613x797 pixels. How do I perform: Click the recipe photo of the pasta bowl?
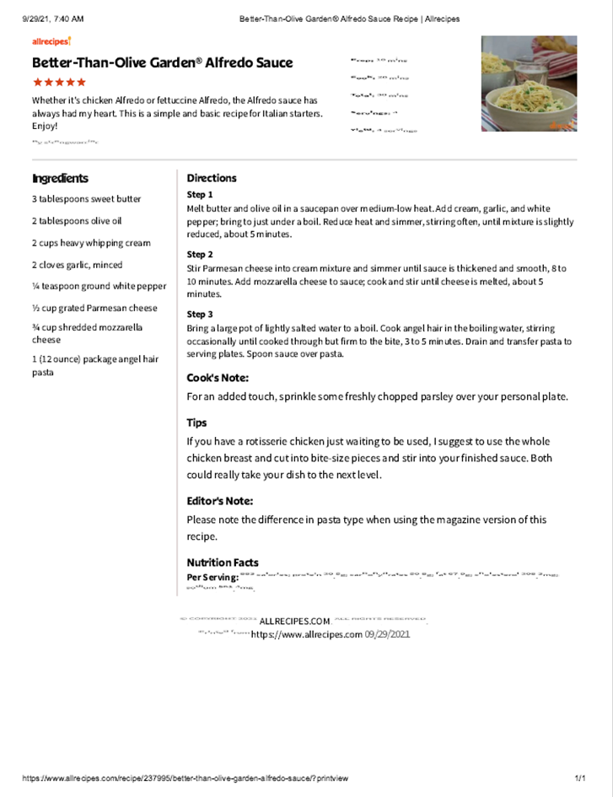pos(529,83)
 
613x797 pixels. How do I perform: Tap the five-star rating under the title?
pos(59,83)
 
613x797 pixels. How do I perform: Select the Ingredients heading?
pos(60,178)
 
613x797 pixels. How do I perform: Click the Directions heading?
pos(212,178)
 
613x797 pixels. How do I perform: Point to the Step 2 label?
pos(200,254)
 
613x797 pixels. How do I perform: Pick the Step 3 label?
pos(200,314)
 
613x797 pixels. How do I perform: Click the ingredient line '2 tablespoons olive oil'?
pos(77,221)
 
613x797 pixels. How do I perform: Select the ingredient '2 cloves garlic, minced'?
pos(77,265)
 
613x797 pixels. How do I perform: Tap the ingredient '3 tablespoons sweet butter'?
pos(87,199)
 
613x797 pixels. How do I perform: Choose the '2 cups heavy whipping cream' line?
pos(92,243)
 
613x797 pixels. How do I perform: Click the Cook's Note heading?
pos(218,378)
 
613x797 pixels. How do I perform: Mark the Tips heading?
pos(196,423)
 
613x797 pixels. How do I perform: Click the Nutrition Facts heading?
pos(223,563)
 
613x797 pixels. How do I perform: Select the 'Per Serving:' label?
pos(212,577)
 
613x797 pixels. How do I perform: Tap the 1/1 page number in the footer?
pos(580,778)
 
